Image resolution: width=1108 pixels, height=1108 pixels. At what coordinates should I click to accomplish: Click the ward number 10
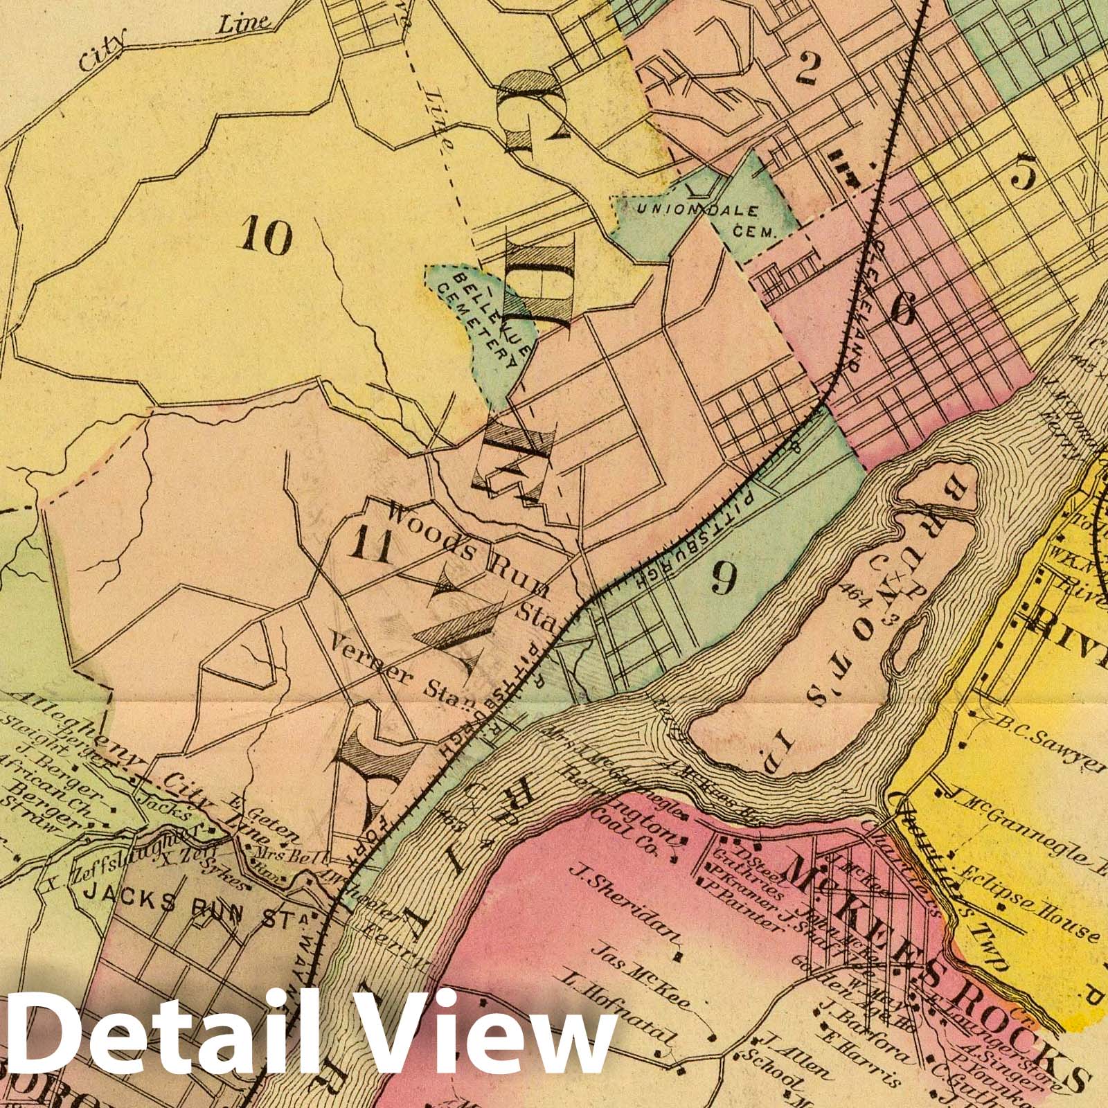(267, 237)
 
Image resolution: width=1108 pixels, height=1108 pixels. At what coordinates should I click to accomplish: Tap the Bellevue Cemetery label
(492, 319)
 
